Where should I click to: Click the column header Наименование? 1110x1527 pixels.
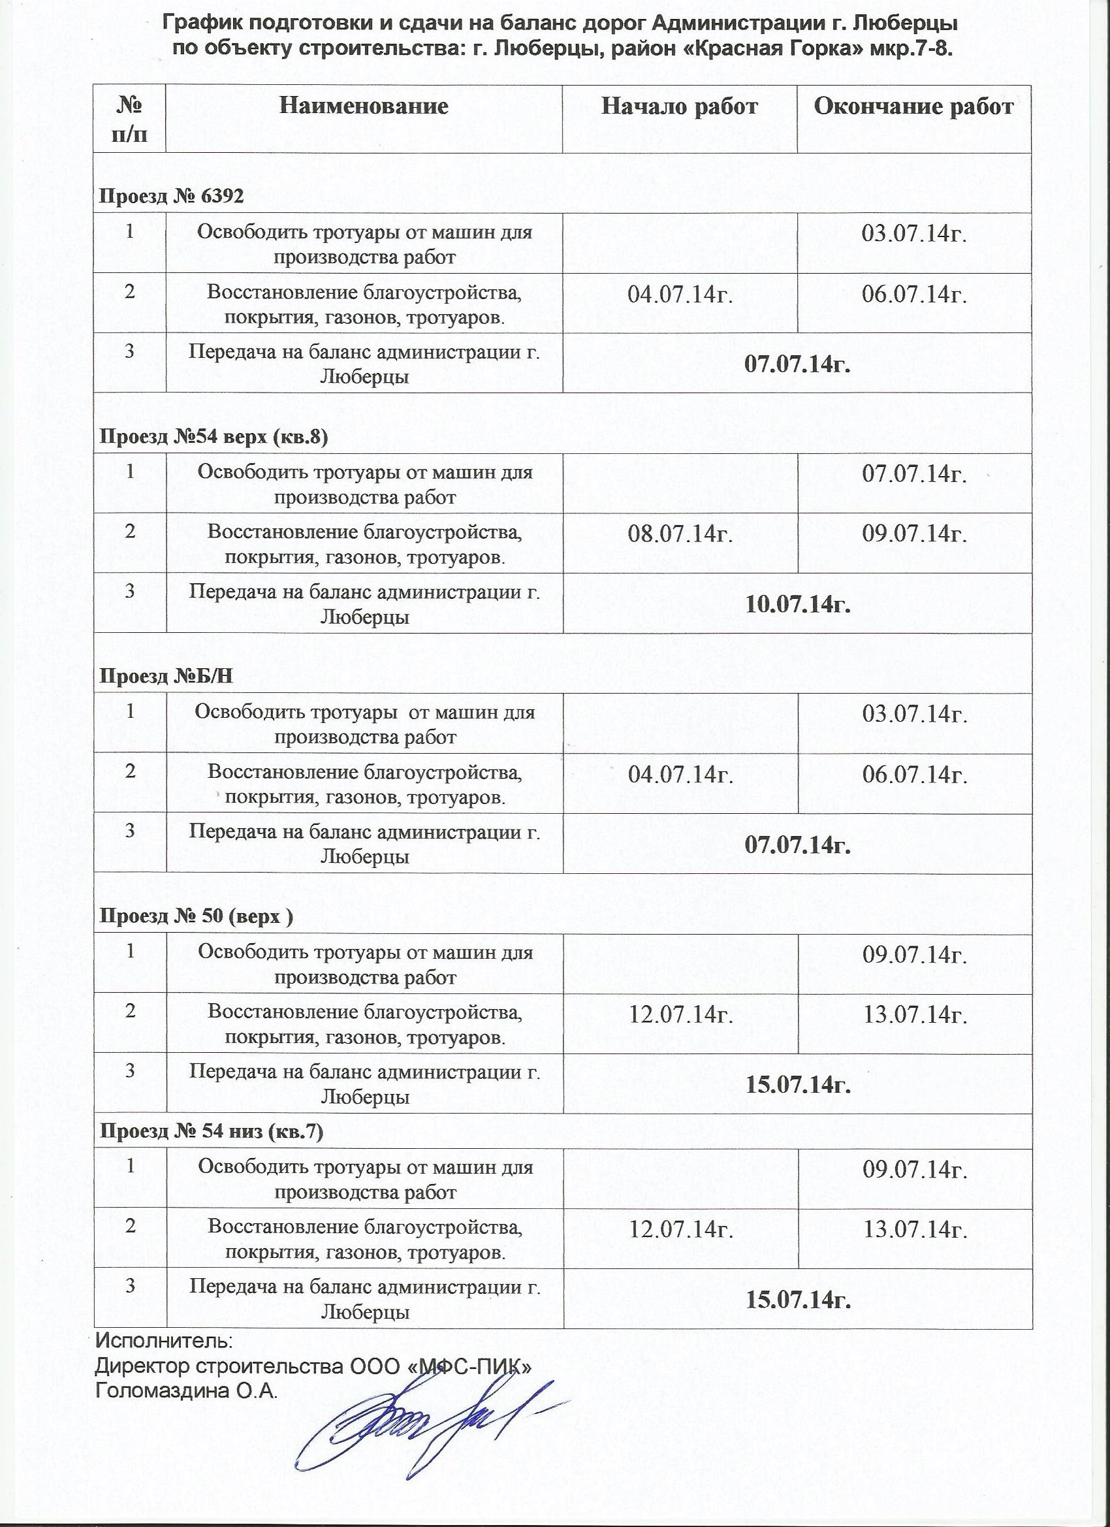(364, 106)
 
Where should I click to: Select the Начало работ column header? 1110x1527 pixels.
(679, 106)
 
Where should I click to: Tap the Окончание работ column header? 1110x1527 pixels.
(913, 106)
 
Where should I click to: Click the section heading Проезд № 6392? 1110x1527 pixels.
(172, 196)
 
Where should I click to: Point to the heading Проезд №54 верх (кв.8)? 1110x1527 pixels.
(214, 437)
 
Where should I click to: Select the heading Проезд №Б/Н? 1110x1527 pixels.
(166, 676)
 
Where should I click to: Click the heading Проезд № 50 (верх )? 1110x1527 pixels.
(196, 916)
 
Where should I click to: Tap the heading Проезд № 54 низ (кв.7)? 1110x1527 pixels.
(212, 1132)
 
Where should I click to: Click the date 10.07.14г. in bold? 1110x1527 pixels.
(798, 604)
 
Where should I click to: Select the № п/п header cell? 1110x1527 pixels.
(129, 119)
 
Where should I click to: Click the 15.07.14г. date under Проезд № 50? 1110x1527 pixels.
(798, 1085)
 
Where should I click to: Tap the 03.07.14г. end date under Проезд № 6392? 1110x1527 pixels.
(915, 234)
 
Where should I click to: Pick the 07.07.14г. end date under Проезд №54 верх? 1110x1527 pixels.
(915, 475)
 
